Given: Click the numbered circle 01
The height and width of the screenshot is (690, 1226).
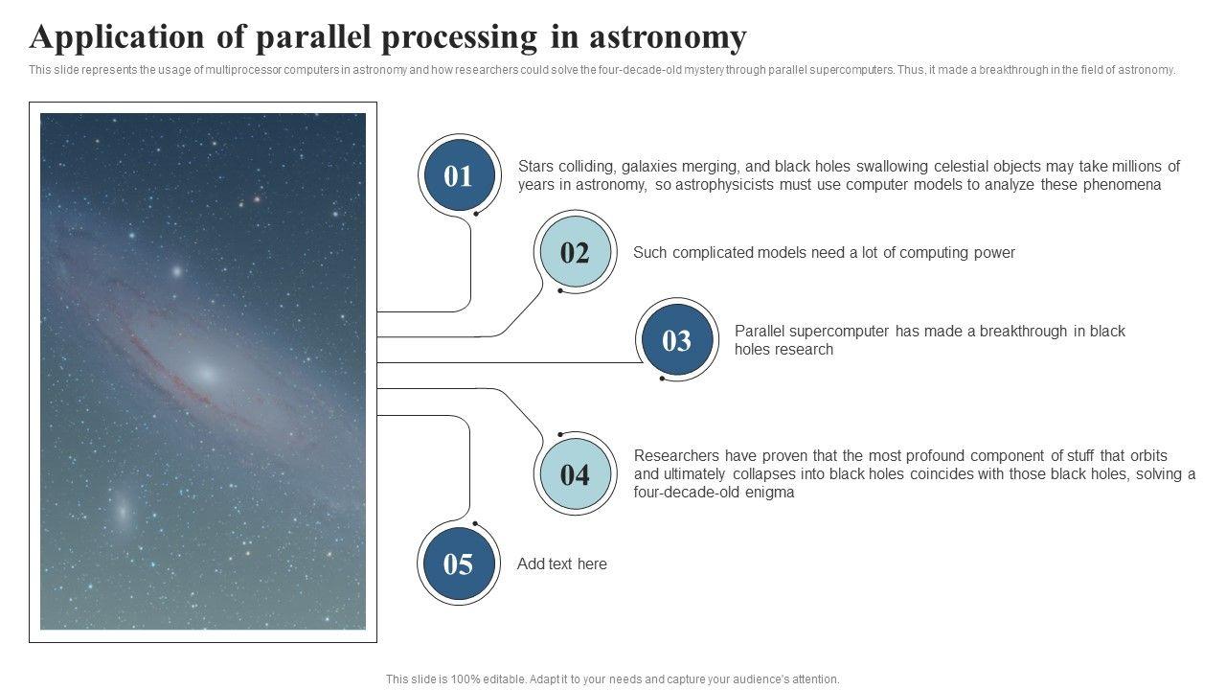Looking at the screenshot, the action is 459,175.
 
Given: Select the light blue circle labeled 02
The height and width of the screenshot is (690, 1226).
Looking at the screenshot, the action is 576,251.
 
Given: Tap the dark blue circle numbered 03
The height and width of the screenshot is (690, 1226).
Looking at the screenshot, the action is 677,339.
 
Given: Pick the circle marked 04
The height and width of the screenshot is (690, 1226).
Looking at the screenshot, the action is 576,473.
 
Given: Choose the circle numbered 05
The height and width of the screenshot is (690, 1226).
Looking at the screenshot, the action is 459,563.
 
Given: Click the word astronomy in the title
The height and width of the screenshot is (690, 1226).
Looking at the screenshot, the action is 668,38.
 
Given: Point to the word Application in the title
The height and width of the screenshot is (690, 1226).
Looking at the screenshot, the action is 117,37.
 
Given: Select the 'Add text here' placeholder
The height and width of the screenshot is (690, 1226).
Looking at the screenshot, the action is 562,563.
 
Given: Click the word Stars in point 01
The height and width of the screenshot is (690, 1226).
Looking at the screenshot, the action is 535,166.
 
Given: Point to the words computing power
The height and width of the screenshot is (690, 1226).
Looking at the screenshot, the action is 957,252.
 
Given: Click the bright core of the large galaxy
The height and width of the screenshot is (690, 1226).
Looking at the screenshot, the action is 207,375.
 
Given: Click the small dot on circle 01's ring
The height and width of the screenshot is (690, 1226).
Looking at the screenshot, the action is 476,214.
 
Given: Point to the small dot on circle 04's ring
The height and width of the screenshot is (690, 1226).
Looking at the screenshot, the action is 560,434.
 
